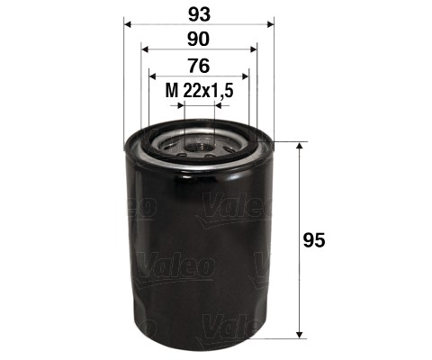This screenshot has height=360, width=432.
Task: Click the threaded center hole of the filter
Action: (199, 142)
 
